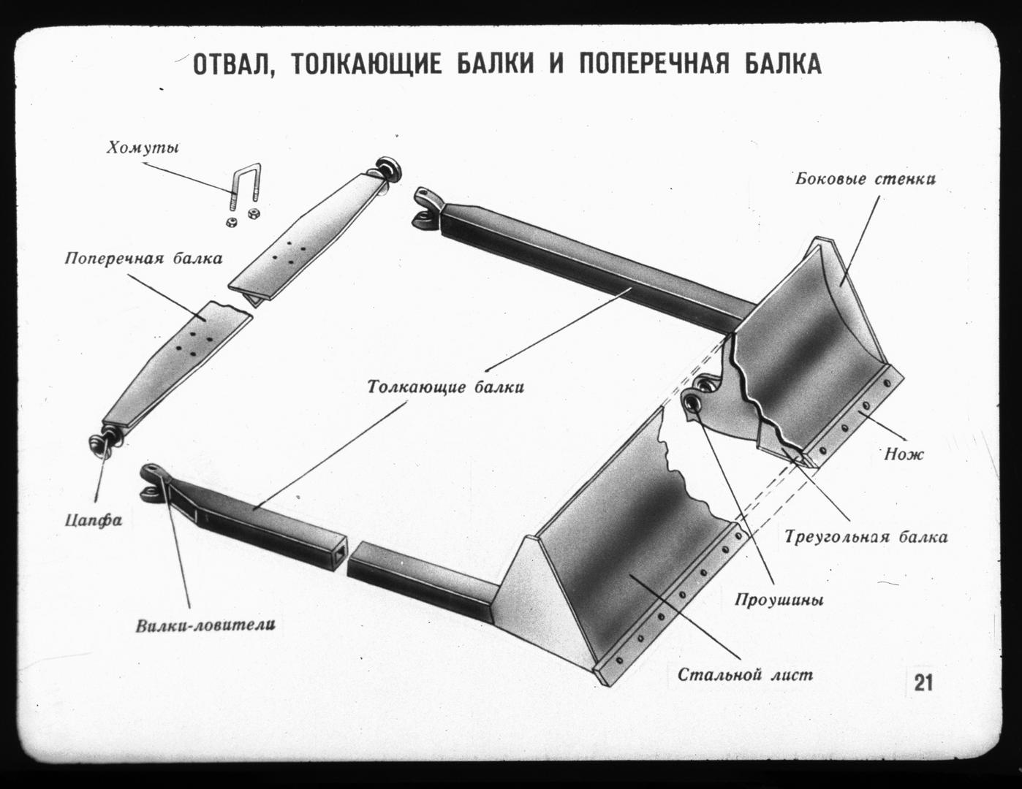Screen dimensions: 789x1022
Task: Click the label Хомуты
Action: pyautogui.click(x=143, y=149)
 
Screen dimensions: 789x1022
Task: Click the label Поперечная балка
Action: pyautogui.click(x=143, y=258)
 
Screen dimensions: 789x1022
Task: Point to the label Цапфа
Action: pyautogui.click(x=93, y=521)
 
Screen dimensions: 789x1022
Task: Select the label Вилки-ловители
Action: pyautogui.click(x=205, y=625)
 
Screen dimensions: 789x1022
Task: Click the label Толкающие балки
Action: pyautogui.click(x=445, y=386)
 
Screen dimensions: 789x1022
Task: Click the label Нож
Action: pyautogui.click(x=904, y=454)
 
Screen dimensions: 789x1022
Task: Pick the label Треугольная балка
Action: pyautogui.click(x=866, y=538)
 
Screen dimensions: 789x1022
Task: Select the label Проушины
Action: pyautogui.click(x=779, y=601)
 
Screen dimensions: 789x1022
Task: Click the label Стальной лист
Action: pyautogui.click(x=744, y=674)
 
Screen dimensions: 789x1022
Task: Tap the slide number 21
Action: pyautogui.click(x=923, y=683)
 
